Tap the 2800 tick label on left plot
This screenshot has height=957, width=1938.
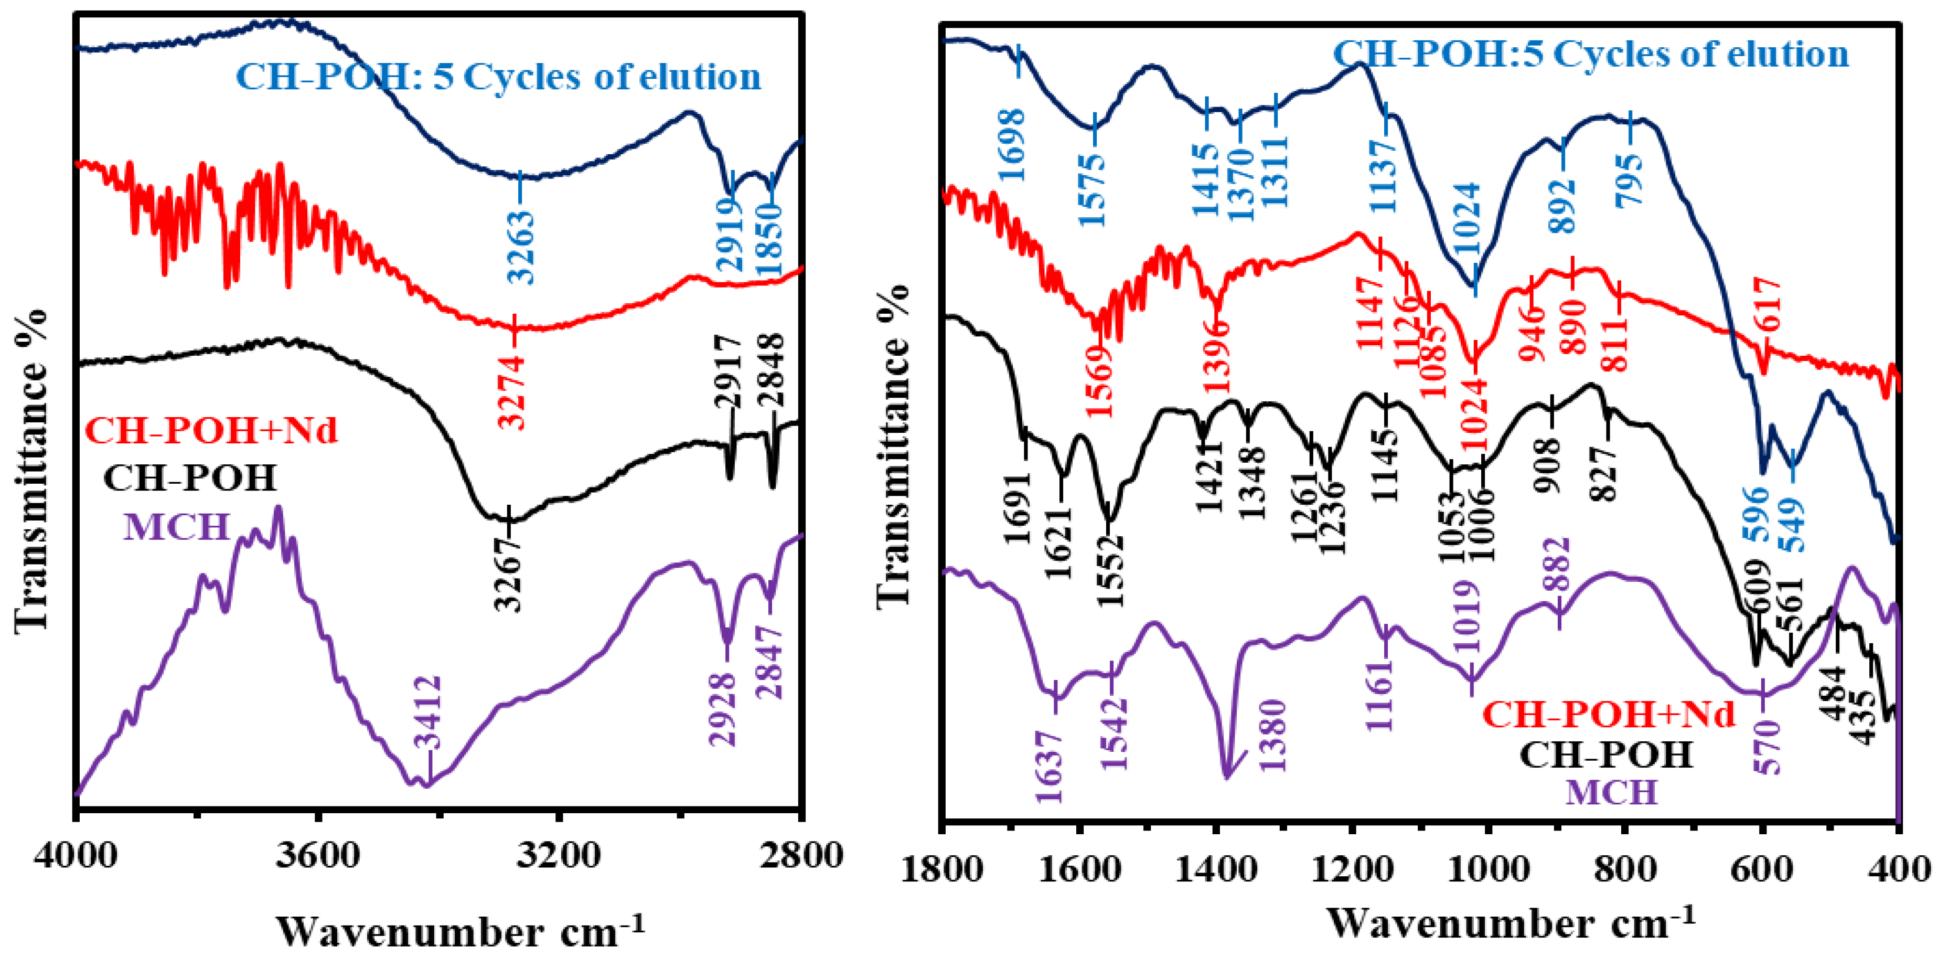[x=800, y=856]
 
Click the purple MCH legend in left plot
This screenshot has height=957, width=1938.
[x=176, y=526]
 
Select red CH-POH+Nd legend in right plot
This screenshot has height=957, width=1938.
[x=1609, y=713]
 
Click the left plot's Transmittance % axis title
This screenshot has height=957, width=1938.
[x=31, y=470]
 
